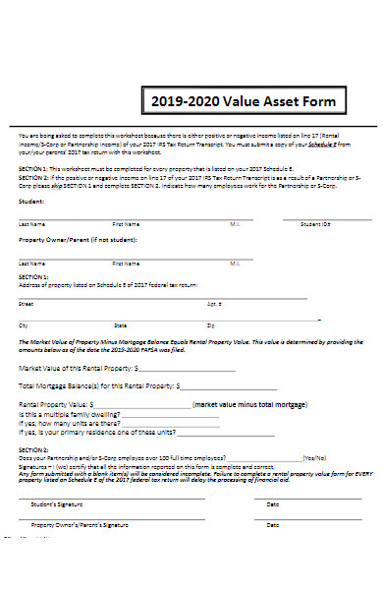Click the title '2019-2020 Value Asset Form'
point(243,101)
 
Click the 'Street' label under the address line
point(26,304)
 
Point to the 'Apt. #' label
point(214,304)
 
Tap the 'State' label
point(120,324)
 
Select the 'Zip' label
point(210,324)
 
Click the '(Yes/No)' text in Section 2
point(314,457)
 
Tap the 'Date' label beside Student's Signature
point(272,503)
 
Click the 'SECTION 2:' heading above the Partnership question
point(33,449)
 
